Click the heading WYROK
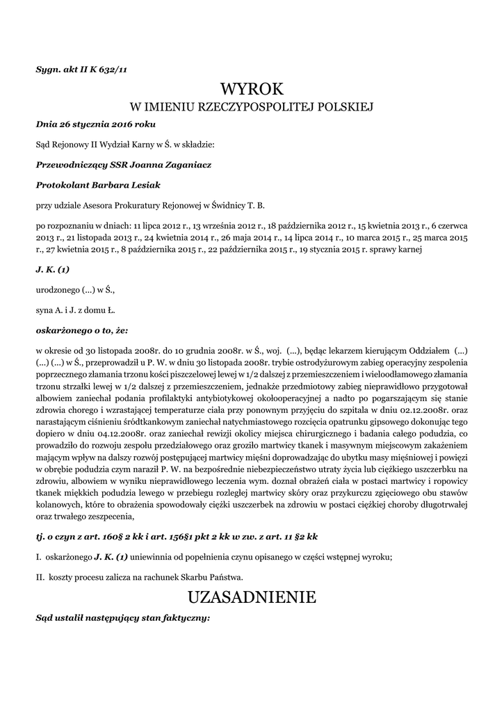click(x=252, y=89)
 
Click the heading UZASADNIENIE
click(x=252, y=597)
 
